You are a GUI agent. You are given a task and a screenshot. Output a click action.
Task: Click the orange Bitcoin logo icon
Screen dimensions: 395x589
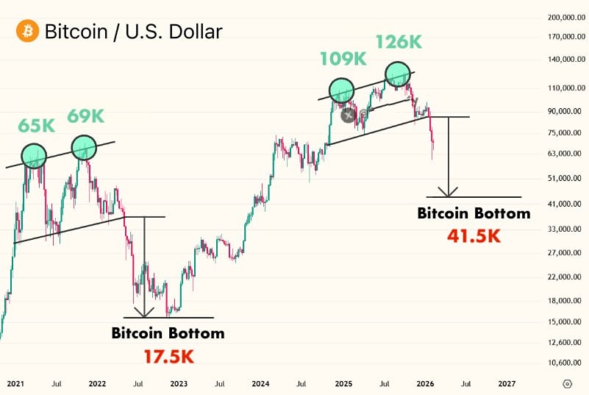pyautogui.click(x=27, y=32)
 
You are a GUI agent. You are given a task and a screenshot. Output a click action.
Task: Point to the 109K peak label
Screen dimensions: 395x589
pyautogui.click(x=343, y=58)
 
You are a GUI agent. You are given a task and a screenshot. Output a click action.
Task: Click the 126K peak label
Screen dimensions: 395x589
pyautogui.click(x=399, y=42)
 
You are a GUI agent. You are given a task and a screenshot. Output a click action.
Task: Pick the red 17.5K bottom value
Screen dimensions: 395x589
pyautogui.click(x=168, y=357)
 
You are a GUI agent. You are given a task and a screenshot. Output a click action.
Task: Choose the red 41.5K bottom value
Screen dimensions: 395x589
pyautogui.click(x=474, y=238)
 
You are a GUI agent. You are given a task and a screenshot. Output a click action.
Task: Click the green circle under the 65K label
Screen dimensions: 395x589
pyautogui.click(x=34, y=156)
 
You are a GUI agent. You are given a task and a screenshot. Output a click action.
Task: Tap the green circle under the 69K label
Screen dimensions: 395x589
pyautogui.click(x=84, y=147)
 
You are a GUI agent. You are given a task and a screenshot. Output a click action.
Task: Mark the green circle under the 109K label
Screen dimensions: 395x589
pyautogui.click(x=342, y=90)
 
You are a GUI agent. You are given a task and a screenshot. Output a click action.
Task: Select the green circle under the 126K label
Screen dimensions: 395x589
pyautogui.click(x=397, y=74)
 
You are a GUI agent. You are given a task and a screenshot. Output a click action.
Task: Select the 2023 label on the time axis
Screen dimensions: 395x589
pyautogui.click(x=178, y=384)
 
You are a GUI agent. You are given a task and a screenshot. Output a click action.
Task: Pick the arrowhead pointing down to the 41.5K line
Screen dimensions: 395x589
pyautogui.click(x=448, y=192)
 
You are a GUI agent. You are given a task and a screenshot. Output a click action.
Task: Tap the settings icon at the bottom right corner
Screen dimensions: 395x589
pyautogui.click(x=567, y=384)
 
